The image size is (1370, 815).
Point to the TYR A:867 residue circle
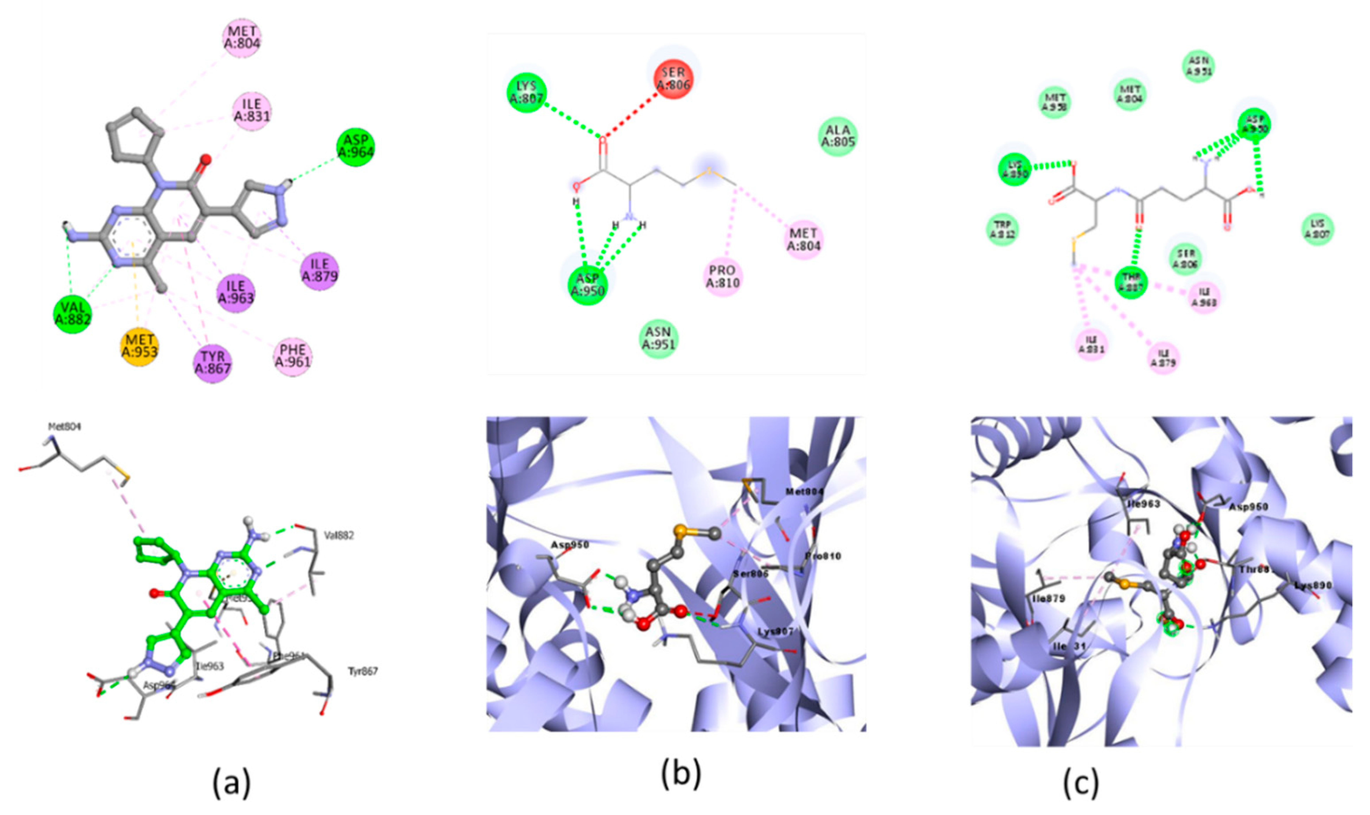pos(213,363)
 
